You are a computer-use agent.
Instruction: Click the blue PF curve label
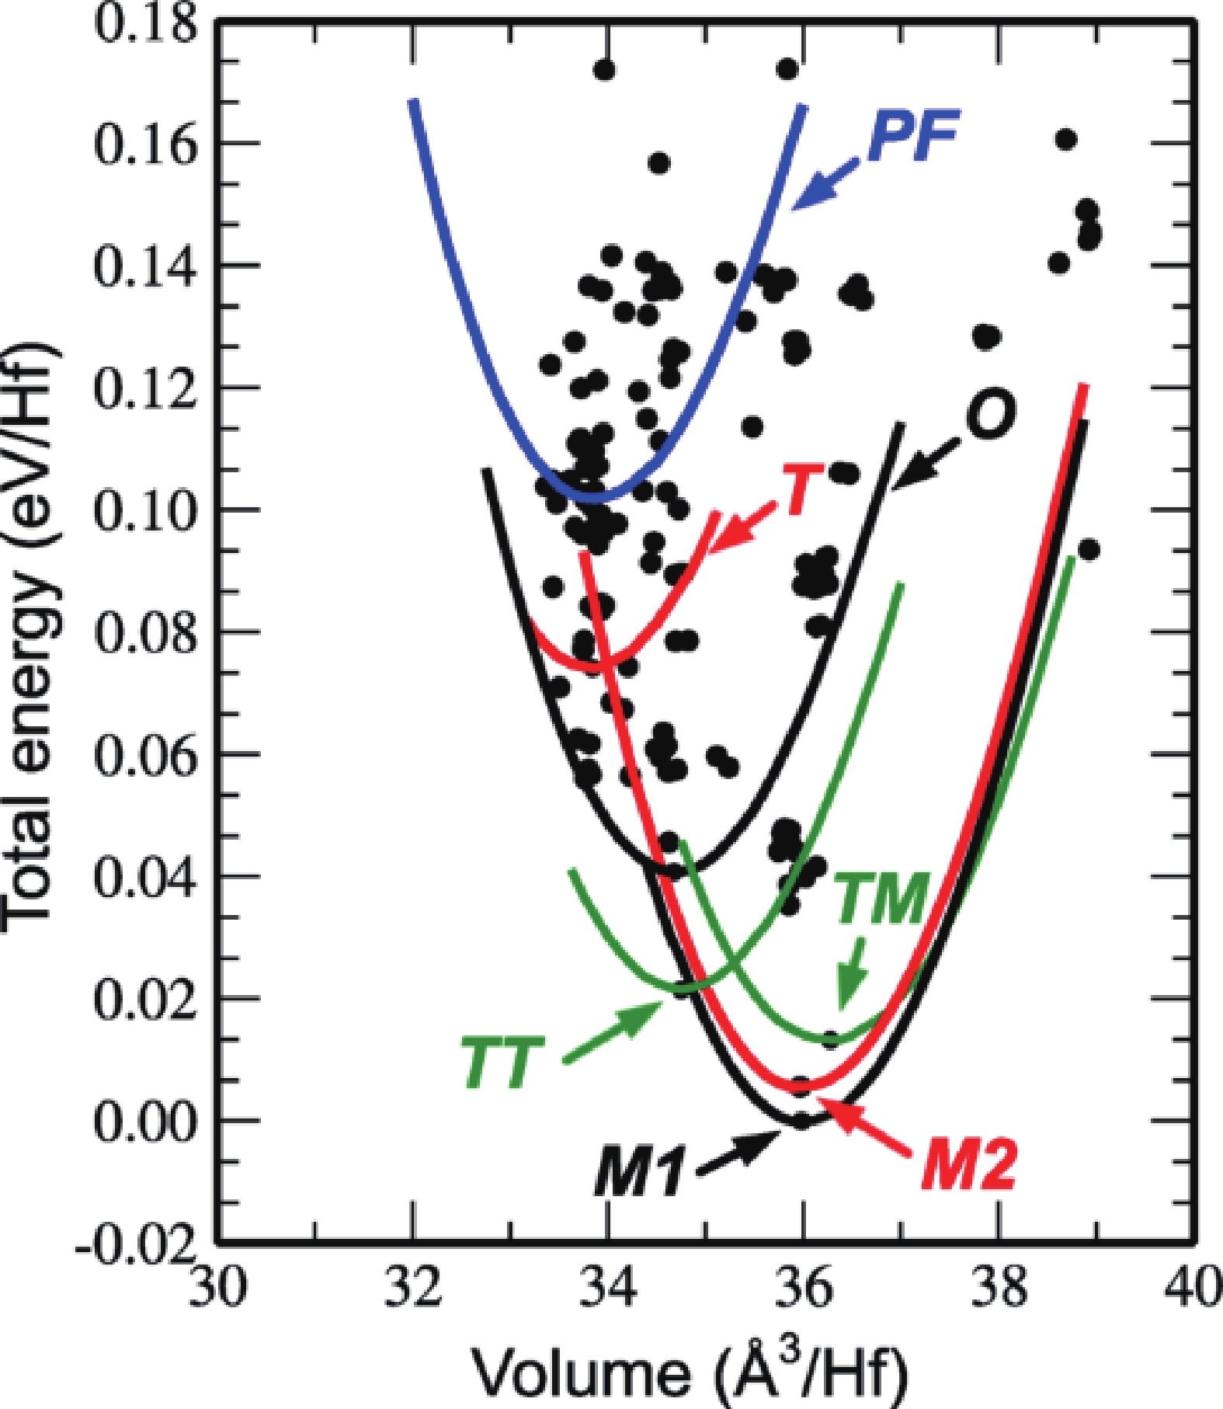(x=913, y=137)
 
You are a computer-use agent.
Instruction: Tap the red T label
(x=801, y=490)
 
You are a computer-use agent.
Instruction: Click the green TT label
(x=502, y=1063)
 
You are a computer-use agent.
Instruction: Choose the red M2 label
(x=969, y=1165)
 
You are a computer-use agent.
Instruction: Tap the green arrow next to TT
(x=613, y=1030)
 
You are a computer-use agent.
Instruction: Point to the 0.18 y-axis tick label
(x=144, y=22)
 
